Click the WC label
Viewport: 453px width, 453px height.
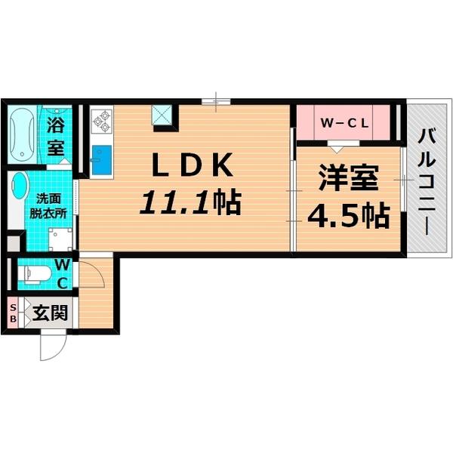click(63, 273)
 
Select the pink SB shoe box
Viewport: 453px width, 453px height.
click(12, 313)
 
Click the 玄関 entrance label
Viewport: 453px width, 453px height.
click(48, 312)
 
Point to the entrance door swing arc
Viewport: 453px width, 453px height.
click(54, 346)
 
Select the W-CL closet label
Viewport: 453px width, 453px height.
click(344, 122)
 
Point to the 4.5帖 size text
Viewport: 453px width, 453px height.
click(347, 216)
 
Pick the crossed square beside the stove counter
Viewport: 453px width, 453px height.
click(163, 115)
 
